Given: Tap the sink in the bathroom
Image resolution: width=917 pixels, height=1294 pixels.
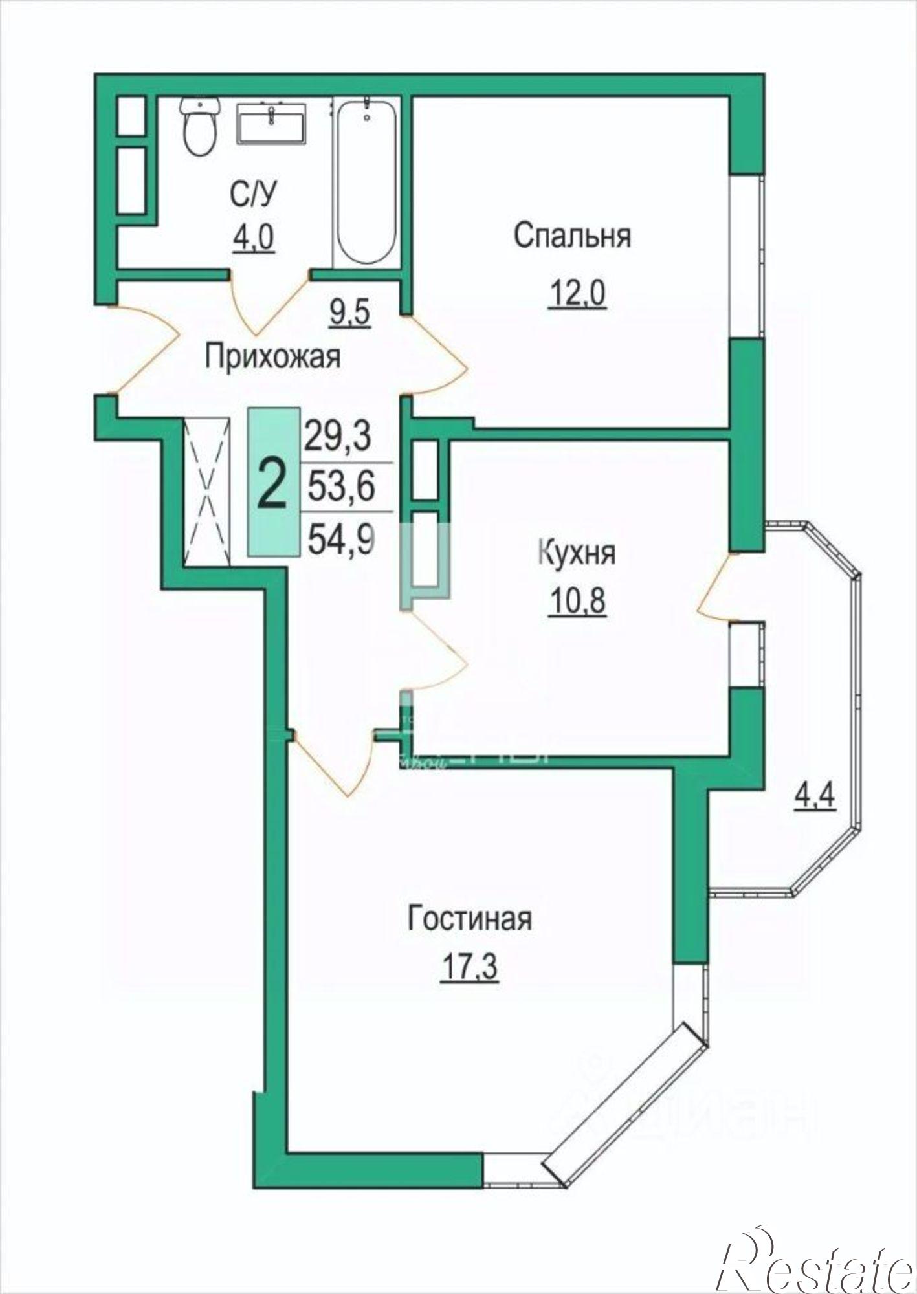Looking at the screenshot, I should coord(272,124).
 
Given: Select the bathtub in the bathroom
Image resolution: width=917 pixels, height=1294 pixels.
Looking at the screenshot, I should coord(366,182).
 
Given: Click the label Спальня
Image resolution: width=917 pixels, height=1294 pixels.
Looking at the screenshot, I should coord(572,236).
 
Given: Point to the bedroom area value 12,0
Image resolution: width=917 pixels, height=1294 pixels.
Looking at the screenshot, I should coord(577,296).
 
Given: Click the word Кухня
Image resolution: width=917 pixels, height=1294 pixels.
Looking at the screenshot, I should coord(577,554).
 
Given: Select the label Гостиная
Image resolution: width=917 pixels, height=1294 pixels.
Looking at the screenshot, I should coord(469,919).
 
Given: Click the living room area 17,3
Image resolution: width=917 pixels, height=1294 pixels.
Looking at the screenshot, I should coord(469,970).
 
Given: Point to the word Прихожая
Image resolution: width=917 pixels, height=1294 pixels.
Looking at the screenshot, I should coord(272,357).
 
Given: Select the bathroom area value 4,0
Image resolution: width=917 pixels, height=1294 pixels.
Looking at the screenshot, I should coord(253,237).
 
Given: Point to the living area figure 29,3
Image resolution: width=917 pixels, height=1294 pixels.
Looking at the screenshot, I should coord(337,435).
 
